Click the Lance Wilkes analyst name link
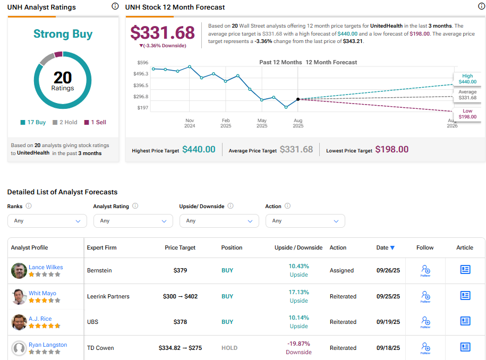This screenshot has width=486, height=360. pos(45,267)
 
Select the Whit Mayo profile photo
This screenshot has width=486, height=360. pos(19,297)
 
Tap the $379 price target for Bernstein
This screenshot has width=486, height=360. pos(180,270)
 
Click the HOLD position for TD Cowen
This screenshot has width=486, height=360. pos(229,348)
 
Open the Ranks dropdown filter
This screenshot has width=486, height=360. pos(47,221)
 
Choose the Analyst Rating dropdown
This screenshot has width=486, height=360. pos(133,221)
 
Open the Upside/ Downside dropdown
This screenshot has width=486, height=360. pos(219,221)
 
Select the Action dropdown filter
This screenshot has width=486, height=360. pos(305,221)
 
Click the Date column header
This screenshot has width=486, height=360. pos(386,247)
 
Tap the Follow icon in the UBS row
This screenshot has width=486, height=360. pos(425,322)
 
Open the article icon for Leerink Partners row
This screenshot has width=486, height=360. pos(465,295)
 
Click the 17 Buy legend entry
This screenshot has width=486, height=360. pos(33,122)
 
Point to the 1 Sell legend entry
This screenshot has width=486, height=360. pos(95,122)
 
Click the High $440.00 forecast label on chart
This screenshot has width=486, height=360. pos(467,79)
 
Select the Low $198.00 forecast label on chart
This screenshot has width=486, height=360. pos(467,114)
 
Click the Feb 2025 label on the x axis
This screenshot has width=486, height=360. pos(226,123)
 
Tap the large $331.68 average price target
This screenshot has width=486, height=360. pos(163,33)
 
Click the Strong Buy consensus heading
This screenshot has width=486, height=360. pos(63,34)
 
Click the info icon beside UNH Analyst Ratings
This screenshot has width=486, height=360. pos(115,6)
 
